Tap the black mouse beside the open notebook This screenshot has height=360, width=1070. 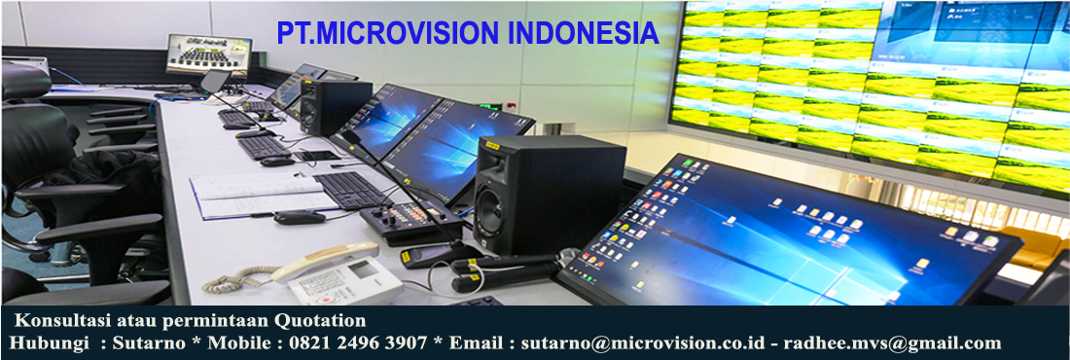[x=300, y=218]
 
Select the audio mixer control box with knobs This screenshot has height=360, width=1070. [x=410, y=221]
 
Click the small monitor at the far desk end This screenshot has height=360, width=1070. [x=209, y=54]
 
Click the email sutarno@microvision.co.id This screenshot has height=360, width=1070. [x=649, y=342]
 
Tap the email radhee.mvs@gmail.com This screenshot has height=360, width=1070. [x=893, y=342]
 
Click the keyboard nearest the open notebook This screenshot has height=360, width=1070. [x=352, y=189]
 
